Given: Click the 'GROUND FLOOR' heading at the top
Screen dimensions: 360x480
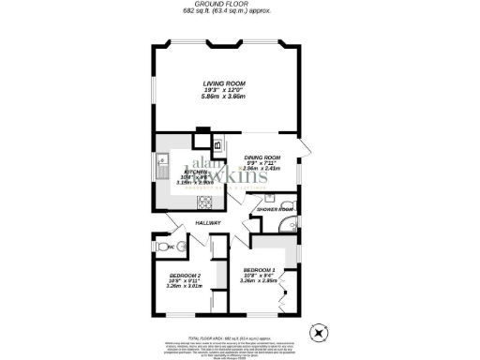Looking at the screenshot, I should pyautogui.click(x=239, y=5).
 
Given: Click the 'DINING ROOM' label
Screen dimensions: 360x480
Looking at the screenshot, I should pyautogui.click(x=262, y=157).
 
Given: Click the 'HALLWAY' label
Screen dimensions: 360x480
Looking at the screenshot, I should pyautogui.click(x=208, y=223).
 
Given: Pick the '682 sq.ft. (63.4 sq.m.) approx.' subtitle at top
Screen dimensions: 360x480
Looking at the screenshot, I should pyautogui.click(x=239, y=14).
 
